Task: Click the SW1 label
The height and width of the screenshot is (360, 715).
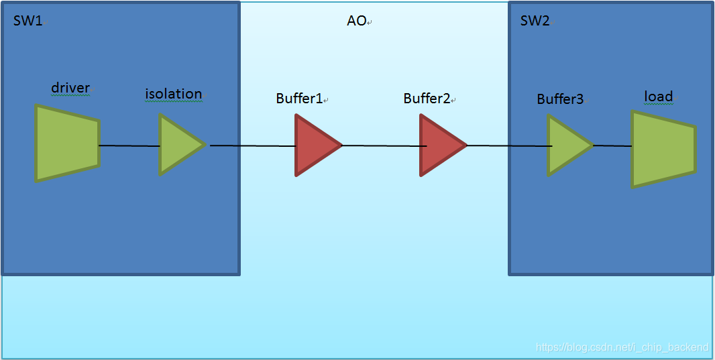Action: pos(27,21)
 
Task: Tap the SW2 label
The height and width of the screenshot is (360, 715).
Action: pos(535,21)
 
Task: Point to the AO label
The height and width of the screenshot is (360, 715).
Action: pos(356,21)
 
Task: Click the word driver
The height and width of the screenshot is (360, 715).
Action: pos(70,88)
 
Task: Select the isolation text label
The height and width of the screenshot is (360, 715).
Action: pos(173,94)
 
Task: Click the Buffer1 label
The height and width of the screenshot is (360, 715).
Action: pos(299,99)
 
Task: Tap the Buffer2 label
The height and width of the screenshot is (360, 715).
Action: pos(427,99)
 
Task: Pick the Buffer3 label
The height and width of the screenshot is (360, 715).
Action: pos(560,99)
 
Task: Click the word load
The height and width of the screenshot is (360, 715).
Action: pos(658,97)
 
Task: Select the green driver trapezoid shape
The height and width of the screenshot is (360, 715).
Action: pos(66,143)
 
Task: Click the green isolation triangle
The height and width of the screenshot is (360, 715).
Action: pos(178,144)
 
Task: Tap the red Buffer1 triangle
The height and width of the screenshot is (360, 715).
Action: pos(315,145)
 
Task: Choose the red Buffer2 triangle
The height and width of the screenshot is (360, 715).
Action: pos(439,145)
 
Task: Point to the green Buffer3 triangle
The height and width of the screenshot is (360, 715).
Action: pos(567,145)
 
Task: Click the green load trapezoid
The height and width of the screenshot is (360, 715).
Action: pos(661,149)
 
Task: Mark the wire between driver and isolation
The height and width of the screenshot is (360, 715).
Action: pos(129,145)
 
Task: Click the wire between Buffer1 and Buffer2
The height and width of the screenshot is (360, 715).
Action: pos(381,145)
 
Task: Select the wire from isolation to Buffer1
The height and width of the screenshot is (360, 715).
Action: pos(252,145)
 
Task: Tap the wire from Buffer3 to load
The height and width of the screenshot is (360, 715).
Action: pos(612,145)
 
